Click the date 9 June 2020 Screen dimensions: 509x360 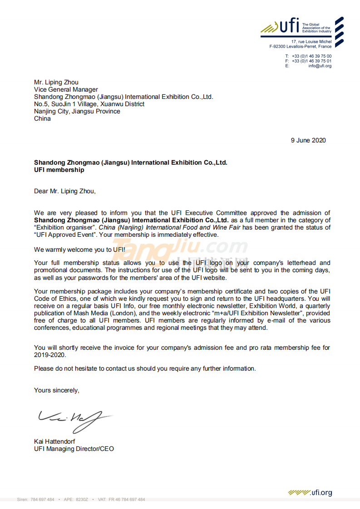coord(308,140)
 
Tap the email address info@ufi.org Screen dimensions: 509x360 coord(320,66)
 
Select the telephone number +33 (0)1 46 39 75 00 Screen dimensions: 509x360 coord(311,56)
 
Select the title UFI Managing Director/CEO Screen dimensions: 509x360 coord(74,449)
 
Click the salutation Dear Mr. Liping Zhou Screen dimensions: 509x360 coord(65,191)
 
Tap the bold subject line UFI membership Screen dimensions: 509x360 coord(59,170)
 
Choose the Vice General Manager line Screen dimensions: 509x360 coord(66,89)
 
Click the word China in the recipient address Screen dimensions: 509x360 coord(42,118)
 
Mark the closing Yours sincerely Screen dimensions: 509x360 coord(56,390)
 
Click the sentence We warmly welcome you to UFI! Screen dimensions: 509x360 coord(79,250)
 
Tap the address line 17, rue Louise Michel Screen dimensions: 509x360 coord(311,42)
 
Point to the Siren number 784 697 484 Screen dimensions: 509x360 coord(42,499)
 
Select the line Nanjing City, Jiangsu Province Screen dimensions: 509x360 coord(77,111)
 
